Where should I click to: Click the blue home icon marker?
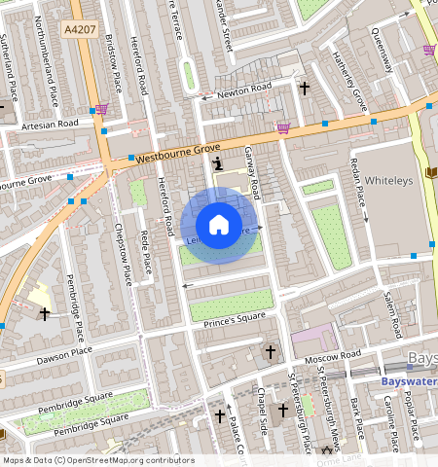point(219,225)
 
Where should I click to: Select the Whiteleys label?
point(388,180)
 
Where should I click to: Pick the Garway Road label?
point(251,170)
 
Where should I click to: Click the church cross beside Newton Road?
point(305,89)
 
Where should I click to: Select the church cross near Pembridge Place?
point(44,313)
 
